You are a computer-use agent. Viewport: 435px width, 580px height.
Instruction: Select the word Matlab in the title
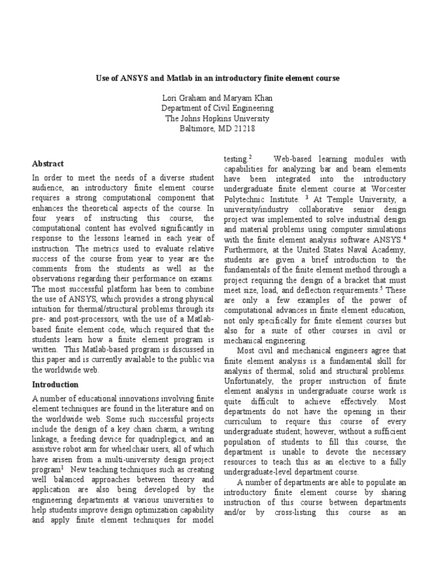(x=174, y=76)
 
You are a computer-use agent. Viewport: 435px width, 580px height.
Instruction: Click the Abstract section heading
(x=48, y=163)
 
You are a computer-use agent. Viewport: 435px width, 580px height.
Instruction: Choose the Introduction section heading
(x=56, y=385)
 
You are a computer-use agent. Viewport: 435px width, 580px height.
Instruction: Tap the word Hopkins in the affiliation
(x=212, y=118)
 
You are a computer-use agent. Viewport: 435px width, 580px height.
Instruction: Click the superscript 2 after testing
(x=250, y=157)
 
